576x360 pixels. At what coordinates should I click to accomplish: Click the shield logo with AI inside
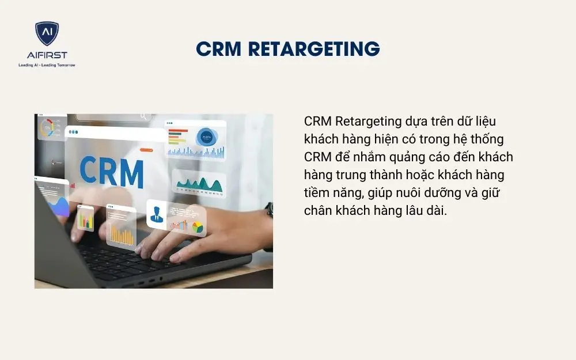[x=47, y=33]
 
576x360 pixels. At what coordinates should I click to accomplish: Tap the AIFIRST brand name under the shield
[x=47, y=55]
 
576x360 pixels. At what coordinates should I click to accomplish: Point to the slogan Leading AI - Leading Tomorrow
[x=47, y=65]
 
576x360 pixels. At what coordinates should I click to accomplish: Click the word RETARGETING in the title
[x=313, y=49]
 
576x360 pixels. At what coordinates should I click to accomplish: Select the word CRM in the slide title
[x=218, y=49]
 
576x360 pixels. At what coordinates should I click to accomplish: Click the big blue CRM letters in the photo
[x=112, y=171]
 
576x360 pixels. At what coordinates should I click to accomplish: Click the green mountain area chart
[x=199, y=184]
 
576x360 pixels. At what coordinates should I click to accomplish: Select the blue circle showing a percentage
[x=206, y=137]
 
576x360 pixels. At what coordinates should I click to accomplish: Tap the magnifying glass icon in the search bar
[x=143, y=117]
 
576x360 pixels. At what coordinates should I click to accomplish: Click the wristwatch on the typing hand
[x=269, y=210]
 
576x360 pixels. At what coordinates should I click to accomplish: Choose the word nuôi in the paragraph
[x=403, y=193]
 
